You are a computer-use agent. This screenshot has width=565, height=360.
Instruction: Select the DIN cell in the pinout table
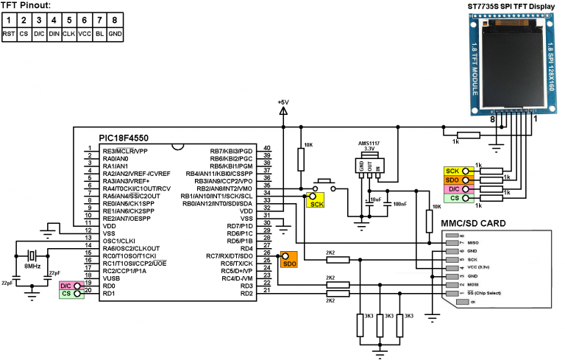[x=54, y=33]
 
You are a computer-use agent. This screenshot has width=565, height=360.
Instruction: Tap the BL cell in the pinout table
[x=101, y=33]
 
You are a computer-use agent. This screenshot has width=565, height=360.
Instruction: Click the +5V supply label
[x=284, y=102]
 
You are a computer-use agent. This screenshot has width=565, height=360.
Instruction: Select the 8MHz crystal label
[x=32, y=267]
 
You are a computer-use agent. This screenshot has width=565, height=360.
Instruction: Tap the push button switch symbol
[x=324, y=184]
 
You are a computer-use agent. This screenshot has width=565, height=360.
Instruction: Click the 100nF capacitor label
[x=399, y=203]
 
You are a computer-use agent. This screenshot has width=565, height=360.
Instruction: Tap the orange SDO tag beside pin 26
[x=288, y=263]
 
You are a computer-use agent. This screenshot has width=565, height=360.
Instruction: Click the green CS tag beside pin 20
[x=67, y=294]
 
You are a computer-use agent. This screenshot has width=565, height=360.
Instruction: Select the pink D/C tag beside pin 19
[x=66, y=285]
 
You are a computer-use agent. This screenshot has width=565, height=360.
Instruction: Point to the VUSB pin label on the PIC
[x=111, y=278]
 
